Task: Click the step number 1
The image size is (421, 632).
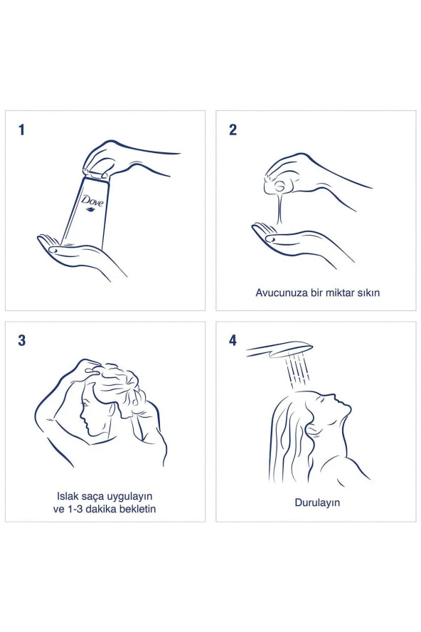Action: click(22, 130)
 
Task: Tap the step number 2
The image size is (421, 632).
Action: click(233, 130)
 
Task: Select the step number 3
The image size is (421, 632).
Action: click(22, 341)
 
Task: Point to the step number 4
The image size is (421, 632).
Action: click(233, 341)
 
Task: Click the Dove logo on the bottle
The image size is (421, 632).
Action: click(92, 203)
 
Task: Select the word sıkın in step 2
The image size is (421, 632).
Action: click(368, 293)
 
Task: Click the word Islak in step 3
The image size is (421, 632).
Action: click(68, 496)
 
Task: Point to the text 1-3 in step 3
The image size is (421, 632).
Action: click(73, 509)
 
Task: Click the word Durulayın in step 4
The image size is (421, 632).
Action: click(317, 503)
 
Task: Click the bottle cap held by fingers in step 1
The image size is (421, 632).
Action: click(97, 174)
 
